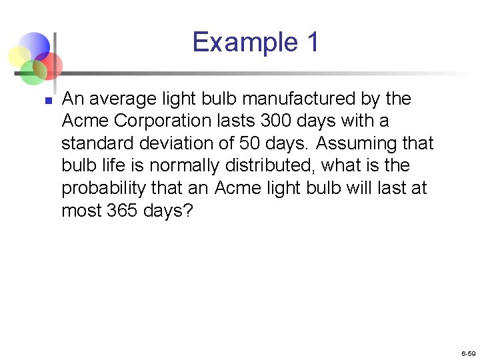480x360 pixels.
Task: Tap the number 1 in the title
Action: pos(313,42)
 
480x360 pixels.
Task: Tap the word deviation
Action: pos(177,143)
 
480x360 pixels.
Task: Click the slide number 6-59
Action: pos(468,353)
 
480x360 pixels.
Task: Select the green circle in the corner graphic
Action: pos(32,71)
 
